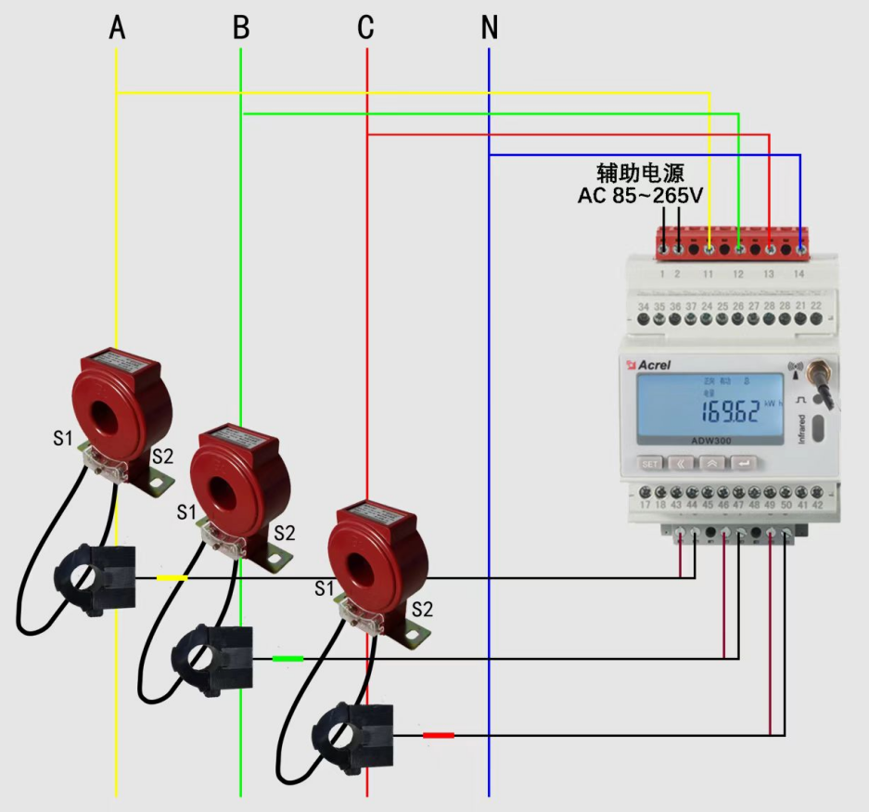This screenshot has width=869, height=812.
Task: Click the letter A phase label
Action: coord(117,28)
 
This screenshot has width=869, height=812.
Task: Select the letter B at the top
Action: coord(241,28)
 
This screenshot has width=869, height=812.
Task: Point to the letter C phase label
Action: coord(366,28)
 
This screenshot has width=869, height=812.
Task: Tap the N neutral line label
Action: coord(490,28)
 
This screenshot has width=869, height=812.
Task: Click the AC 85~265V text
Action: coord(640,196)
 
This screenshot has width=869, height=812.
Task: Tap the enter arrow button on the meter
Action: coord(745,462)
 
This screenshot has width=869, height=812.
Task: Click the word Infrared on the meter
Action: coord(802,429)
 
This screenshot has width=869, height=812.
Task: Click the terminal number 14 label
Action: coord(799,274)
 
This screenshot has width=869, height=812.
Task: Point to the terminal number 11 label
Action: coord(708,274)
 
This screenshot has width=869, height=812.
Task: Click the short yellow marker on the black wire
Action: coord(172,578)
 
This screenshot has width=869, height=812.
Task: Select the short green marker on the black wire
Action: coord(288,659)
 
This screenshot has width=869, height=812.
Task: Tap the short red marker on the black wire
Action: coord(439,735)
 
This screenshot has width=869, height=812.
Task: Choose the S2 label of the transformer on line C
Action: coord(422,610)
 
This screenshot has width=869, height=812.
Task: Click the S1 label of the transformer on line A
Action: coord(61,438)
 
